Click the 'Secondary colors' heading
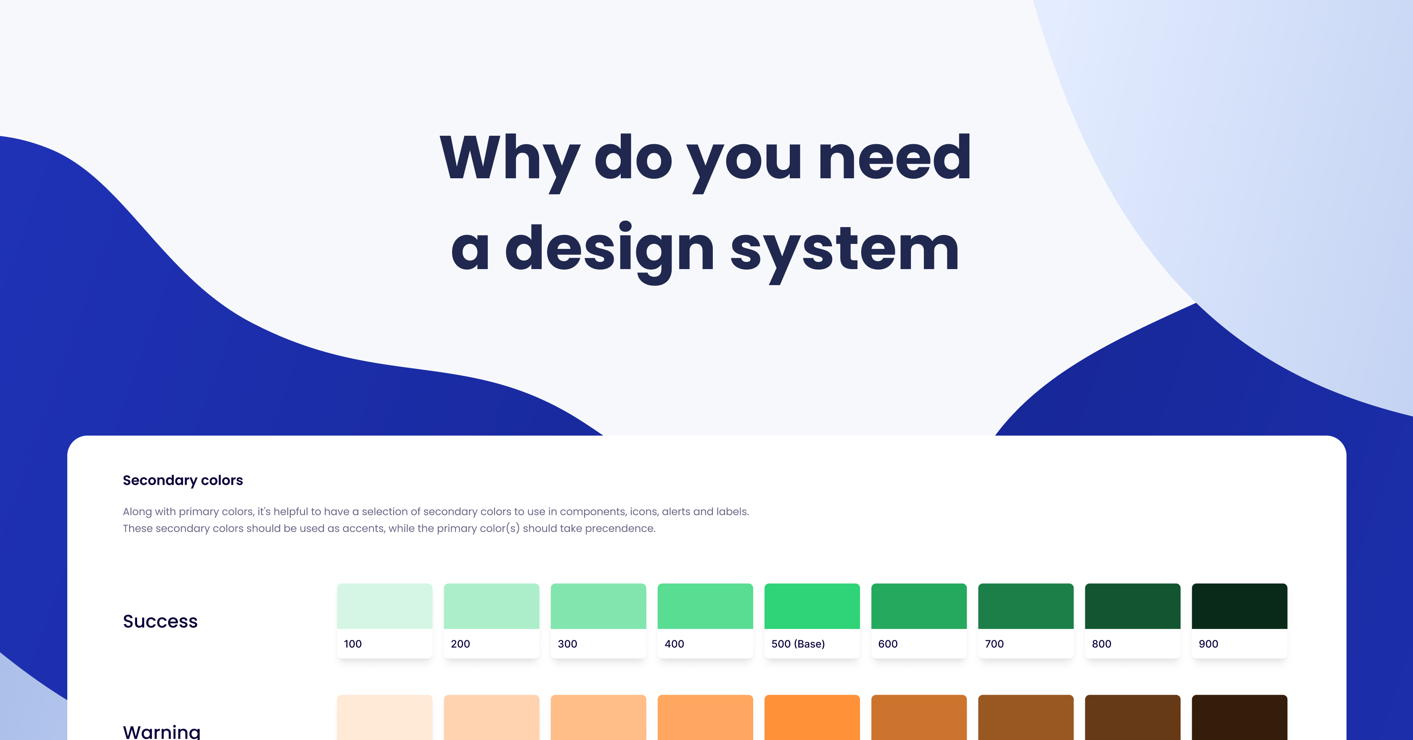183,481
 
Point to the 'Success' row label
160,621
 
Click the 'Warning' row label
162,732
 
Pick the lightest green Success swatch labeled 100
384,606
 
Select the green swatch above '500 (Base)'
812,606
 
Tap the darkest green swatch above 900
1239,606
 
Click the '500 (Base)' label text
798,644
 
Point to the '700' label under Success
994,644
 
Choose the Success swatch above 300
598,606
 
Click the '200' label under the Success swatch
460,644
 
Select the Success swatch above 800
1132,606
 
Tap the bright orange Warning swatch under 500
812,718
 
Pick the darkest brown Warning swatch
1239,718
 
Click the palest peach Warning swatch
384,718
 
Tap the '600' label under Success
887,644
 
